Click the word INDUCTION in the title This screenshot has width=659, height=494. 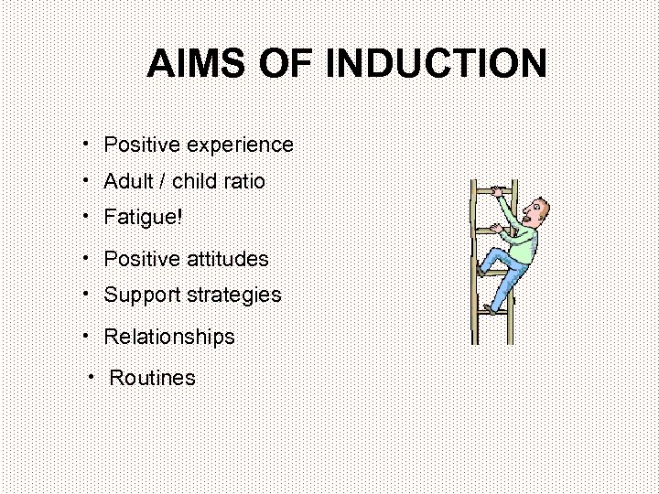[x=437, y=64]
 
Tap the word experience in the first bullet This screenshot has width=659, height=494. [x=240, y=145]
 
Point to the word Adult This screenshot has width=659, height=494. [x=129, y=181]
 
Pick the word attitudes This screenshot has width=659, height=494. [x=228, y=259]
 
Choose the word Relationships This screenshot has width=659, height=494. [x=169, y=337]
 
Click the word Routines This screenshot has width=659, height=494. [x=152, y=378]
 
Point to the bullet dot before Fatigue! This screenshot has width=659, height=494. [x=83, y=216]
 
